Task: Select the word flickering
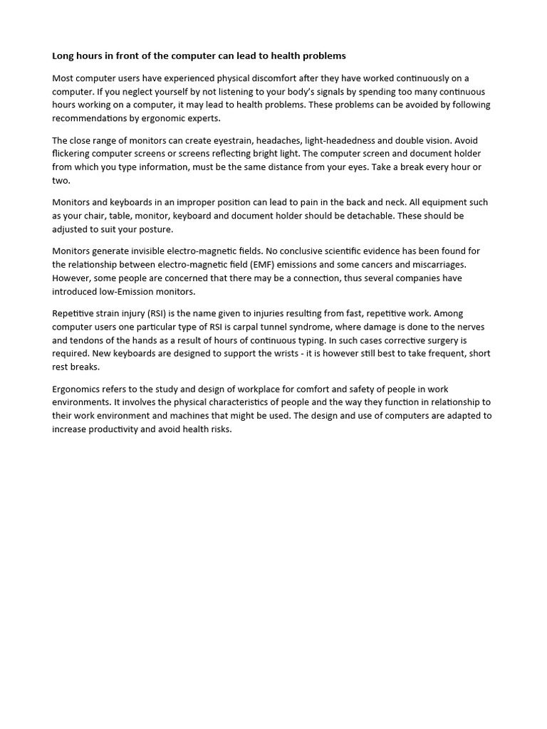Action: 73,154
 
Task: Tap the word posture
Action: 155,229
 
